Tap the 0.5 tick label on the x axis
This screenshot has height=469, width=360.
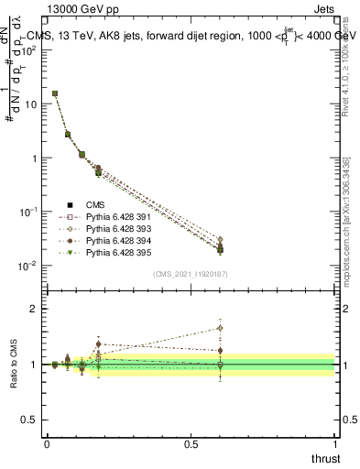[190, 442]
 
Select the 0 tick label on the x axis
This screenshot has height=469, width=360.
[47, 442]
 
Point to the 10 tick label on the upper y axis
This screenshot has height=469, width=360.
[31, 104]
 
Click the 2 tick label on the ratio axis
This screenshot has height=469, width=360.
[34, 309]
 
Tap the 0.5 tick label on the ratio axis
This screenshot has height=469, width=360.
[29, 419]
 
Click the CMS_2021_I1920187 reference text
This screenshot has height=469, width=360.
[191, 274]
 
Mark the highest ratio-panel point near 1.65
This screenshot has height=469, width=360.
[220, 328]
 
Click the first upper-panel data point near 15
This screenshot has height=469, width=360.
[55, 93]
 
